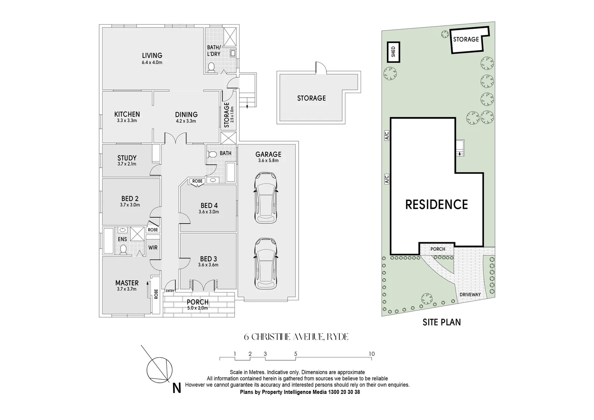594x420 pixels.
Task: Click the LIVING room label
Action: click(x=152, y=56)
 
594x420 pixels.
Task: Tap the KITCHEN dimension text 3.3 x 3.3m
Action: click(x=127, y=121)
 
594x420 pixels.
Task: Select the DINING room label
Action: click(x=186, y=115)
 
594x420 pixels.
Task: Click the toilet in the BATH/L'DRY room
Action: click(x=211, y=67)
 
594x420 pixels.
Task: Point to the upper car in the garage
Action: click(x=266, y=198)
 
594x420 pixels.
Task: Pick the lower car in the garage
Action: click(x=266, y=263)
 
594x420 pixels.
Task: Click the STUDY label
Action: click(x=127, y=158)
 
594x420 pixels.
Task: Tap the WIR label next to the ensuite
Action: click(x=153, y=248)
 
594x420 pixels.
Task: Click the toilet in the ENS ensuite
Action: click(x=123, y=250)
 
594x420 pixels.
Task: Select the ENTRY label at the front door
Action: click(x=170, y=291)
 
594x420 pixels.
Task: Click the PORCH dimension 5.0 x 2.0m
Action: click(x=197, y=308)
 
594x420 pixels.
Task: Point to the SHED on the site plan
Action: click(x=393, y=52)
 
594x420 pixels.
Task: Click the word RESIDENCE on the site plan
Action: click(x=437, y=205)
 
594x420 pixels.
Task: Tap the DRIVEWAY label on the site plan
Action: click(x=470, y=294)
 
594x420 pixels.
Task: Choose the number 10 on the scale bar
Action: click(x=372, y=353)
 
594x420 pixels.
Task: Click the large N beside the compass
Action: click(x=177, y=388)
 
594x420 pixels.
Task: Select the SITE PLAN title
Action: click(x=442, y=322)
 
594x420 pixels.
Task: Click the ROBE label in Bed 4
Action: click(x=197, y=181)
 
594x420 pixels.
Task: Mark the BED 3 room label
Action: click(x=208, y=259)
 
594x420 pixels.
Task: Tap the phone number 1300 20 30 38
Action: click(x=344, y=392)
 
